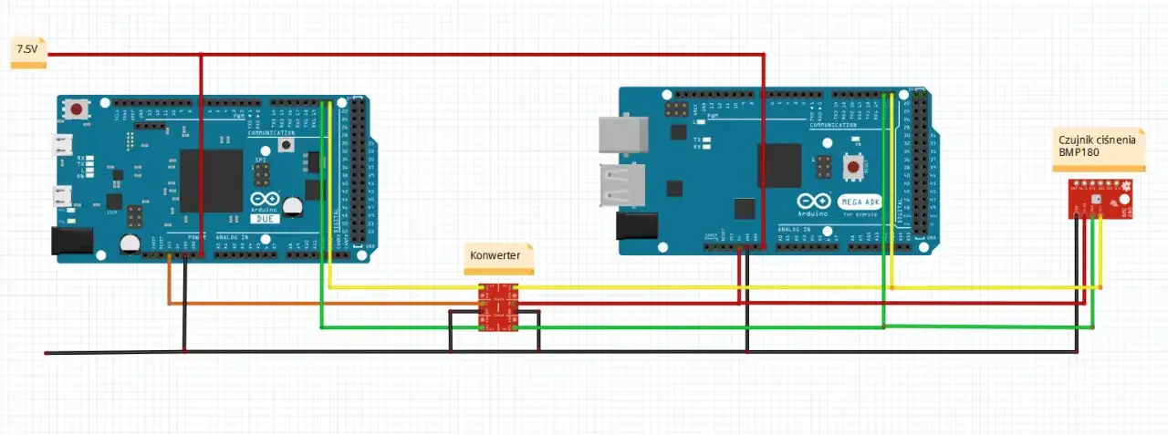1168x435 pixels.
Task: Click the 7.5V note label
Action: [x=26, y=52]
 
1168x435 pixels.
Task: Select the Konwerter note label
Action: [x=495, y=256]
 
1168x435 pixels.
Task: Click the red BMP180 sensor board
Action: [x=1099, y=199]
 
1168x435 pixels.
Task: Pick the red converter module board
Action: [x=497, y=306]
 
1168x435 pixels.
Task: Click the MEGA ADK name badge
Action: [x=858, y=201]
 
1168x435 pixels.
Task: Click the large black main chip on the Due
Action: [x=211, y=180]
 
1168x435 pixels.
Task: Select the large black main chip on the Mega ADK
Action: [x=778, y=165]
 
